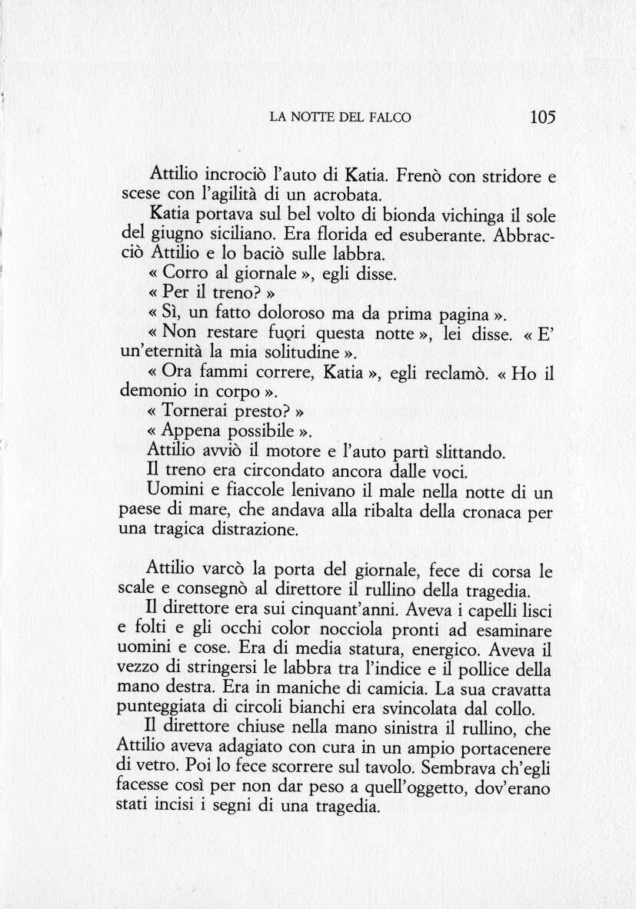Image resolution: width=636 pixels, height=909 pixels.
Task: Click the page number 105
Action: (542, 118)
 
